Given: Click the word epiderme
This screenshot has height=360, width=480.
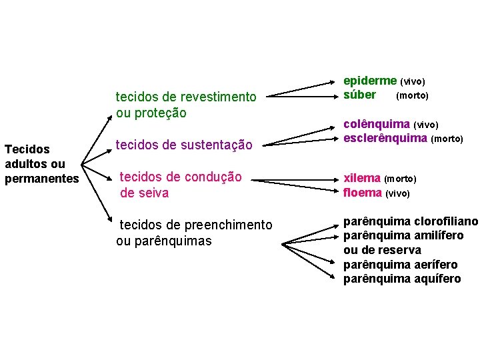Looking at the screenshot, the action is (x=370, y=81).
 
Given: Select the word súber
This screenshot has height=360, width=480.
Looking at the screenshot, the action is (x=360, y=95).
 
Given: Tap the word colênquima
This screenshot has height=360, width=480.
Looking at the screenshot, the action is (x=377, y=124).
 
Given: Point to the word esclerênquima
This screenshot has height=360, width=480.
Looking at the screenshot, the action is (x=385, y=138).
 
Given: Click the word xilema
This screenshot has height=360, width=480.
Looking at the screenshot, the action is (x=362, y=179).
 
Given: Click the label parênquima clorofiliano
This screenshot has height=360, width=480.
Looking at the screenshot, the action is (x=411, y=221).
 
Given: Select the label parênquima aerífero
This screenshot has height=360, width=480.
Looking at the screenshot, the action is (x=401, y=265).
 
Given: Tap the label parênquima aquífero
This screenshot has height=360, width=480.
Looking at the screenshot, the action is (x=402, y=279).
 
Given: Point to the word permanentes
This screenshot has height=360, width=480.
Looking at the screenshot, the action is (x=41, y=178).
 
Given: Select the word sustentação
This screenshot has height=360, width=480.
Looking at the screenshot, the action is (x=219, y=145).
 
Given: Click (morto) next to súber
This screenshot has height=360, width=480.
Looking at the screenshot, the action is (x=412, y=95).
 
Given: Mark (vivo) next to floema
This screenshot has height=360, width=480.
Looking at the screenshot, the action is (x=398, y=193).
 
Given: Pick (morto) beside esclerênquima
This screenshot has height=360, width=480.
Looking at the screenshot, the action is (x=447, y=139).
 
